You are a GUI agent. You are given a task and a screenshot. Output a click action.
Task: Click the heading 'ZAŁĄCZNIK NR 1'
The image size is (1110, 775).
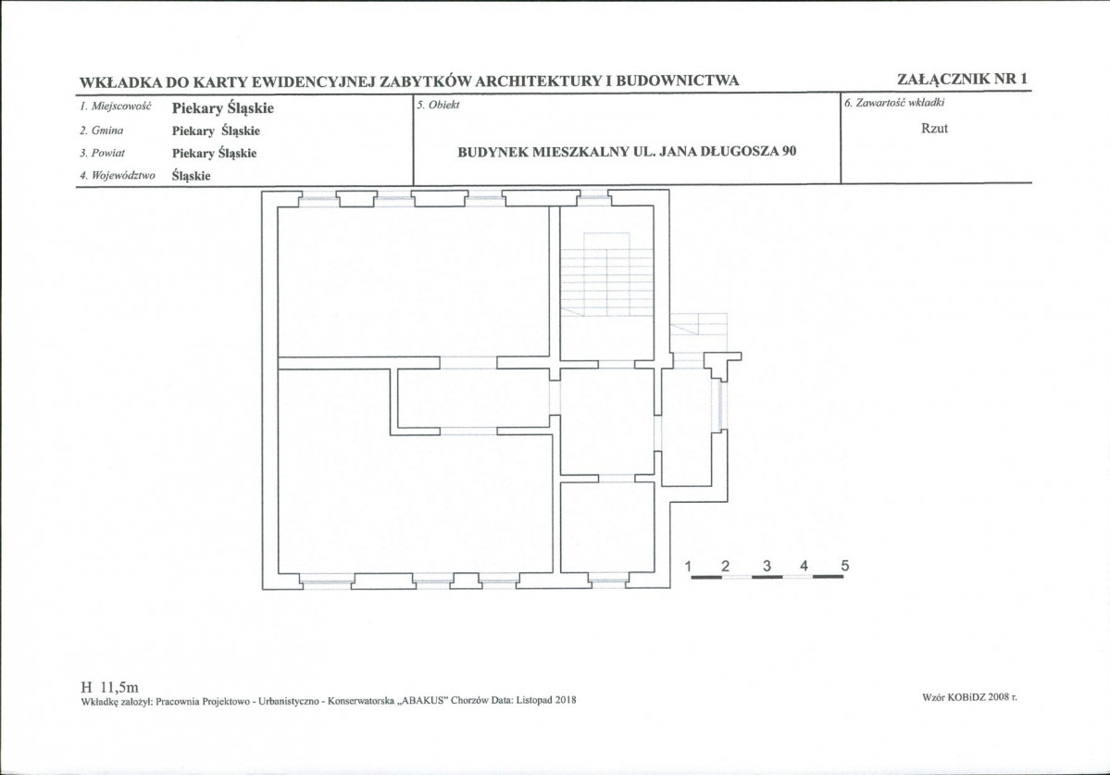coord(961,79)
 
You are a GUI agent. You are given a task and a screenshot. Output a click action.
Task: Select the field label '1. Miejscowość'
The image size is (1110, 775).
coord(116,106)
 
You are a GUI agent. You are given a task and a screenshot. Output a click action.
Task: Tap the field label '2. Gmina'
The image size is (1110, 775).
coord(101,131)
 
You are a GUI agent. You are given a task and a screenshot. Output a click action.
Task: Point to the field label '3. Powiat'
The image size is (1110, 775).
coord(103,153)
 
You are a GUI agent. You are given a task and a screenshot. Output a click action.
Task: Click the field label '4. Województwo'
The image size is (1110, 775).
coord(117,176)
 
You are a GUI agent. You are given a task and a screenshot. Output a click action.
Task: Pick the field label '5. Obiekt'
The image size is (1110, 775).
coord(438,105)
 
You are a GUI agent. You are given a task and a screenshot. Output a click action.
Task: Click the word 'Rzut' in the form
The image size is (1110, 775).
coord(934,129)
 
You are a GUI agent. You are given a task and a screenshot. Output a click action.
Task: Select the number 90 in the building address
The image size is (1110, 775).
coord(790,151)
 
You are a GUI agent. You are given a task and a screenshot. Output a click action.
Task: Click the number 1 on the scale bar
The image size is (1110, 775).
coord(689,566)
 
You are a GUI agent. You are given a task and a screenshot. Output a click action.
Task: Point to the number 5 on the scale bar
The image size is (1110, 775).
coord(844,566)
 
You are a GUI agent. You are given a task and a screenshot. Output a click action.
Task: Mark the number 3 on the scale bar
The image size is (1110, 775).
coord(767,566)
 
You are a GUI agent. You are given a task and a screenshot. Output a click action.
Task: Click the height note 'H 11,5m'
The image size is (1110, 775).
coord(110,687)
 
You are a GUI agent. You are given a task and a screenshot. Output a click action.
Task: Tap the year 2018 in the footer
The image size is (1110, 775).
coord(567,701)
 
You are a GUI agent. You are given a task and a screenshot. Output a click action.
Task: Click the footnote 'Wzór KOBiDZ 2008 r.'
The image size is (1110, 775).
coord(970,697)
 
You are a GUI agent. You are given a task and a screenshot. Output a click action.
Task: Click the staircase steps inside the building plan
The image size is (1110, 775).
coord(596,273)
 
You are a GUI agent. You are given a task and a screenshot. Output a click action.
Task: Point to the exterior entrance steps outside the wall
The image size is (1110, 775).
coord(699,330)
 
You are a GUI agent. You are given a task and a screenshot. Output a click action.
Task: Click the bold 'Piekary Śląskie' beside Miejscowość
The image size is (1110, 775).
coord(223,108)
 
